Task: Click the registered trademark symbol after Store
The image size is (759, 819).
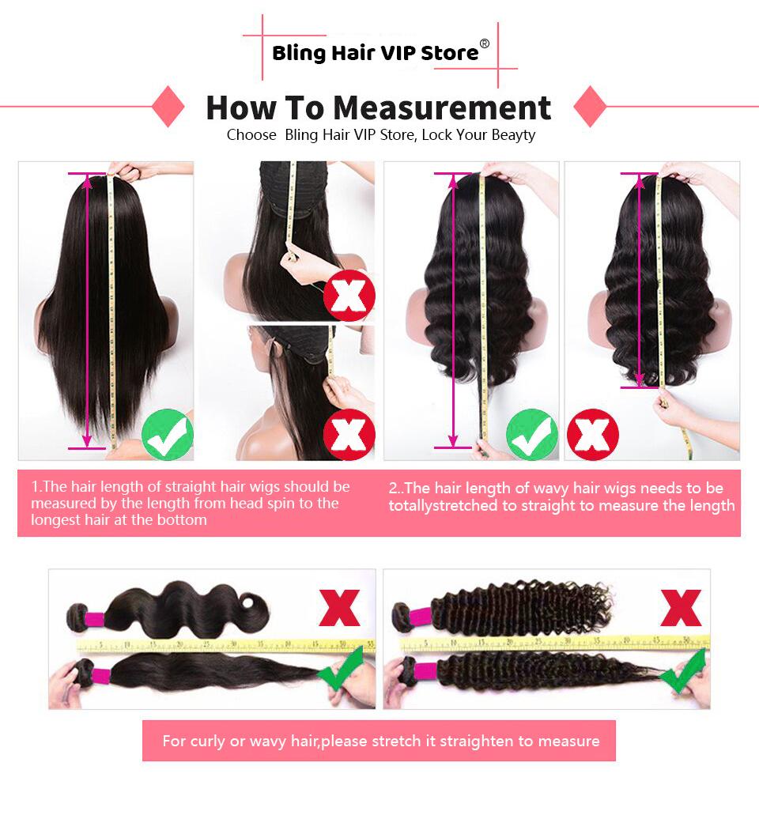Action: pos(485,44)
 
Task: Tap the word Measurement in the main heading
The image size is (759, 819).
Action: pos(441,108)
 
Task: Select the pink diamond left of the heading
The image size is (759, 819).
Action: pos(168,107)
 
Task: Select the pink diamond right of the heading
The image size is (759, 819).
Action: pos(589,107)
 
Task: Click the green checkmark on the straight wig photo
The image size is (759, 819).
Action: pos(167,434)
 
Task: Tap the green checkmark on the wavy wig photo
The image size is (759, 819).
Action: pos(531,434)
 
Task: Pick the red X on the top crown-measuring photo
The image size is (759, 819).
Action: pos(349,294)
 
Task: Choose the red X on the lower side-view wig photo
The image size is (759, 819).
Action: pos(349,434)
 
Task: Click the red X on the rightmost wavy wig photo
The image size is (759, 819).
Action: pos(593,434)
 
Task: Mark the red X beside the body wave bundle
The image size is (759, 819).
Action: pos(339,607)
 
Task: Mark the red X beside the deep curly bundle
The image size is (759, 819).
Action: pos(681,607)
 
